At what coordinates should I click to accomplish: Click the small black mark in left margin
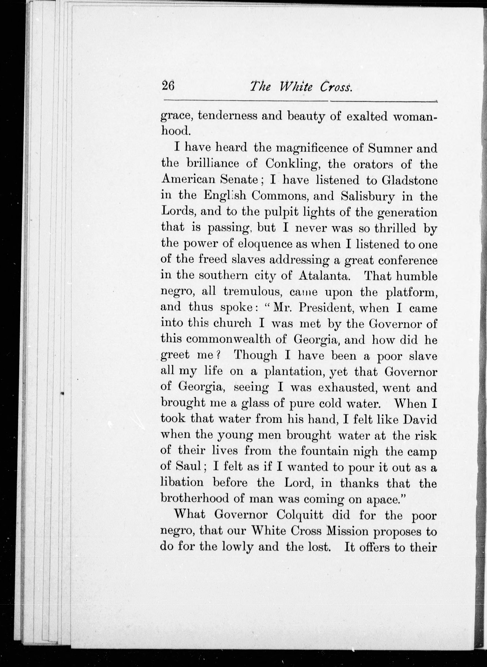point(62,393)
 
